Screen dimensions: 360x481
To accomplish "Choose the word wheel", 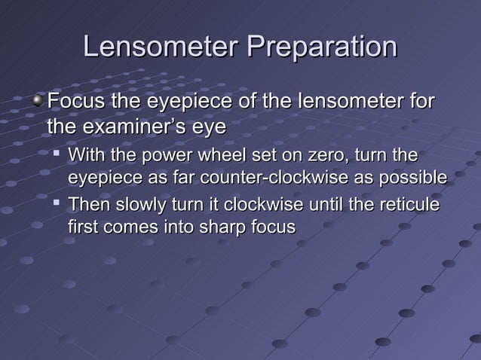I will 204,156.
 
